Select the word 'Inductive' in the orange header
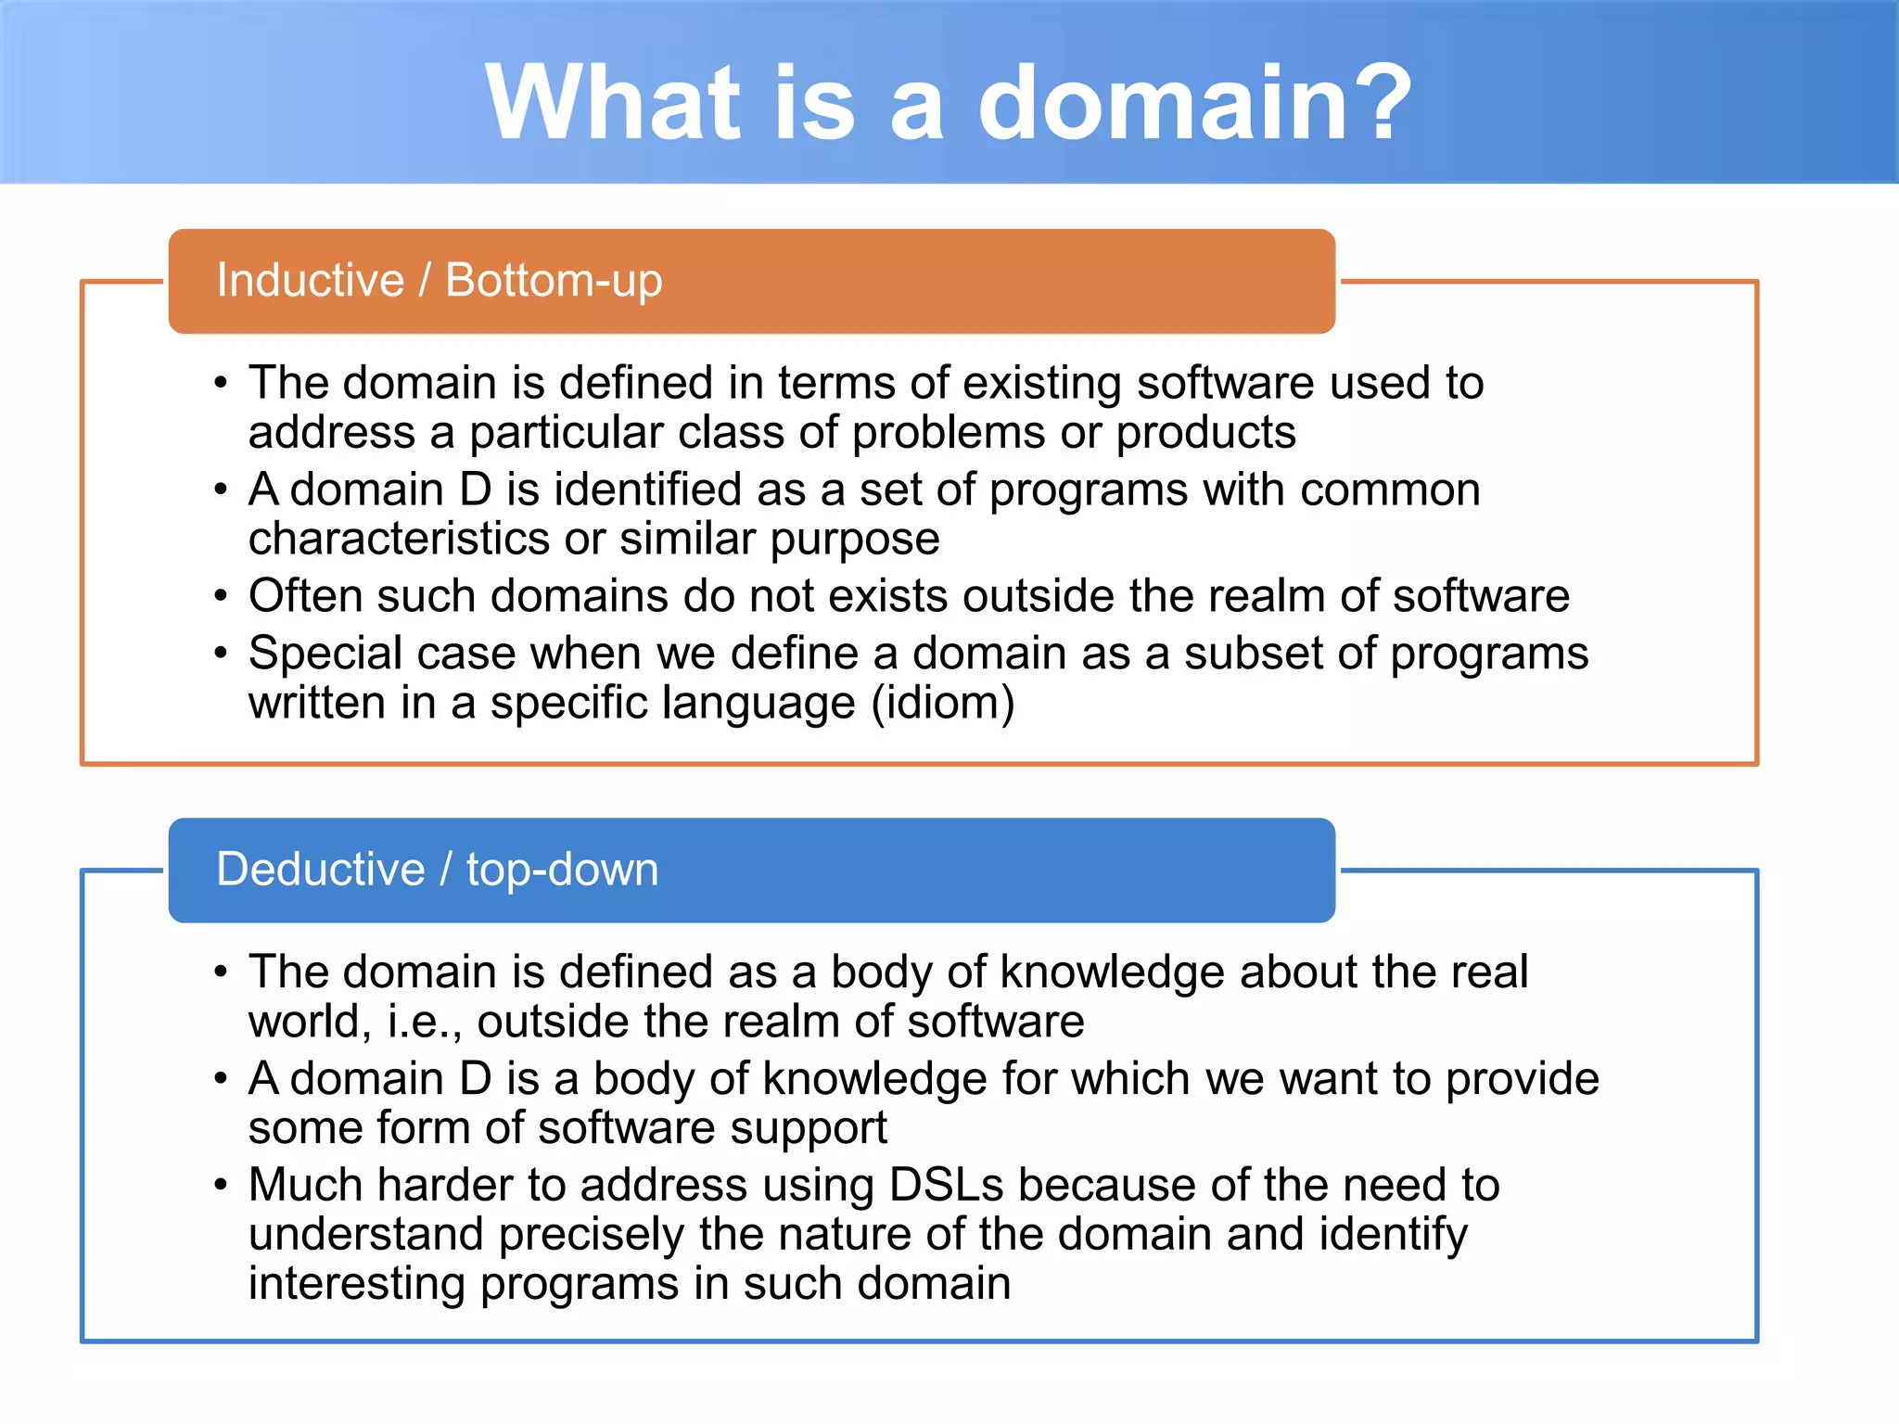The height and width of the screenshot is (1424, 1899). [311, 280]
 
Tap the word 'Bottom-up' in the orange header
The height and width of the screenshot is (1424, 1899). [554, 280]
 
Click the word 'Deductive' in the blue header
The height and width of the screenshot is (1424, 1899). [321, 870]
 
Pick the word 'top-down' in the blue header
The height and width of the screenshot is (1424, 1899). [562, 870]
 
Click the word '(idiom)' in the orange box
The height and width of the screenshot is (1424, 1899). [943, 703]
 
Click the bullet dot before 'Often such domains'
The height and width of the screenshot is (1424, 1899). [221, 596]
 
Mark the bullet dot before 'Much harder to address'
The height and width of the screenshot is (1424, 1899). [221, 1186]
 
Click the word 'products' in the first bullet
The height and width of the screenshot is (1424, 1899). [1205, 433]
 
